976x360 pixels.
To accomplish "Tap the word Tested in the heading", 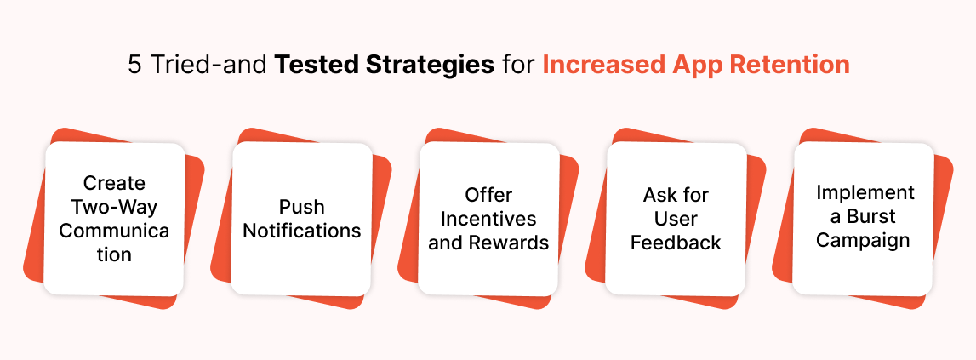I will [311, 66].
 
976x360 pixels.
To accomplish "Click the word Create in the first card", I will [114, 183].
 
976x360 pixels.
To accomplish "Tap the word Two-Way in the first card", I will [114, 207].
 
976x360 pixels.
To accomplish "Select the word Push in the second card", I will [302, 207].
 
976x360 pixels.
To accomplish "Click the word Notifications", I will [302, 231].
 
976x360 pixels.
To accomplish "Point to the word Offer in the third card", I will [488, 195].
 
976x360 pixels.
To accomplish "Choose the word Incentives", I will [488, 219].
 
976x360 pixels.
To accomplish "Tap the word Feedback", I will [676, 243].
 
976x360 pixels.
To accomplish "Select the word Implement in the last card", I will [863, 192].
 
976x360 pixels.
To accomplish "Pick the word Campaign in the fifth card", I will [863, 240].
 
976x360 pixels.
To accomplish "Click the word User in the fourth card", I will [676, 219].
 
